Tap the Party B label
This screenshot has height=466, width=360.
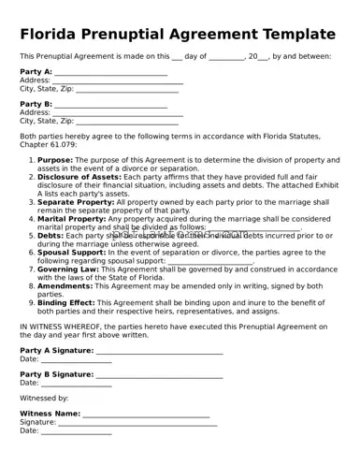(36, 104)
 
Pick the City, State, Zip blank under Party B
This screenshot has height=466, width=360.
(126, 122)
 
